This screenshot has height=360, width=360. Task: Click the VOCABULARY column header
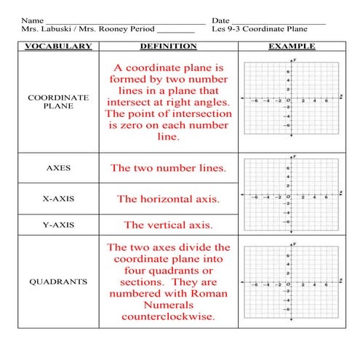click(x=58, y=47)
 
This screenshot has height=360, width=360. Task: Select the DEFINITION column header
click(x=168, y=47)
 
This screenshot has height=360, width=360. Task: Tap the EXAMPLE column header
click(x=291, y=47)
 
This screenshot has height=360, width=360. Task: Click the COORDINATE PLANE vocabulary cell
click(x=58, y=100)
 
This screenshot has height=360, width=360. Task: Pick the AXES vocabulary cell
click(x=58, y=167)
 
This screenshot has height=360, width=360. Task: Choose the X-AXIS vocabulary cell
click(x=58, y=198)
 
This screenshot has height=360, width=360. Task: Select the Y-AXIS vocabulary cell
click(x=58, y=225)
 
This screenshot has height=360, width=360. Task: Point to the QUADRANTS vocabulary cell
click(x=58, y=281)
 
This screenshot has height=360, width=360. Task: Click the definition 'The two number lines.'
click(x=168, y=168)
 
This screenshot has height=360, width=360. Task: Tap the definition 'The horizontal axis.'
click(x=168, y=199)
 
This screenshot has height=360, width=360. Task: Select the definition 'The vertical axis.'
click(x=168, y=225)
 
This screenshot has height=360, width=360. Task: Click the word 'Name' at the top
click(x=31, y=20)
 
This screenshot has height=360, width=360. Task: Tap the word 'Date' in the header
click(x=220, y=20)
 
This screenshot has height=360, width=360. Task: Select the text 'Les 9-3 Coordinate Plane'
click(x=259, y=30)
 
